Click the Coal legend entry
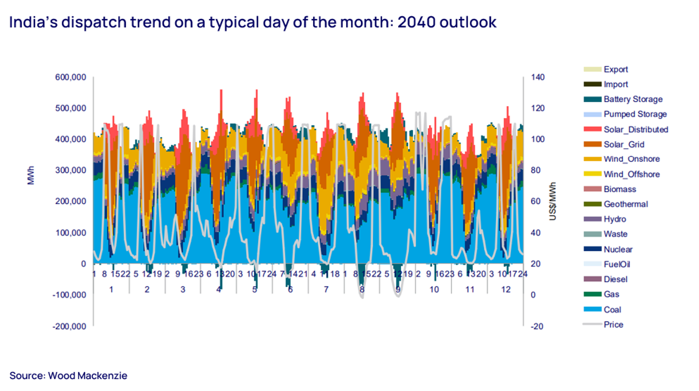pyautogui.click(x=612, y=309)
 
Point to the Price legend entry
pyautogui.click(x=613, y=325)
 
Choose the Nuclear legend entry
pyautogui.click(x=618, y=249)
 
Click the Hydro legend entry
pyautogui.click(x=615, y=219)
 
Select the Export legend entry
pyautogui.click(x=616, y=69)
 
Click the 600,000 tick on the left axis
pyautogui.click(x=71, y=77)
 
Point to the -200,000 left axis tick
pyautogui.click(x=70, y=326)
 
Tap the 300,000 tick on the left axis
pyautogui.click(x=71, y=170)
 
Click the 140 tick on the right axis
pyautogui.click(x=538, y=77)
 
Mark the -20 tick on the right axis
pyautogui.click(x=537, y=327)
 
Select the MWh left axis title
pyautogui.click(x=31, y=175)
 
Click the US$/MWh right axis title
pyautogui.click(x=553, y=201)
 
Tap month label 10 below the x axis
pyautogui.click(x=434, y=290)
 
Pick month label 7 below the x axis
pyautogui.click(x=326, y=290)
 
